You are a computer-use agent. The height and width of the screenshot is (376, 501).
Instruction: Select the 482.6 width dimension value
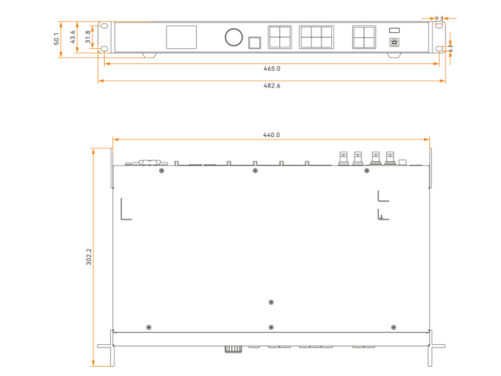pyautogui.click(x=272, y=85)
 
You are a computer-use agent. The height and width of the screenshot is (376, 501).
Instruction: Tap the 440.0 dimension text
pyautogui.click(x=272, y=135)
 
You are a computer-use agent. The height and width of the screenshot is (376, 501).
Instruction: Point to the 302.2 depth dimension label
pyautogui.click(x=88, y=257)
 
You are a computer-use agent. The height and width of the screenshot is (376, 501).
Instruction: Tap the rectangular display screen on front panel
pyautogui.click(x=181, y=38)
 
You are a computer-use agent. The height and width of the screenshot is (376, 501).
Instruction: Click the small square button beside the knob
pyautogui.click(x=254, y=42)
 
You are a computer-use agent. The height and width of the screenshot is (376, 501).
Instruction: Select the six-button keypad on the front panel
pyautogui.click(x=316, y=38)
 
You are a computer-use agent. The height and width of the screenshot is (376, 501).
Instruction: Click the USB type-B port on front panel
pyautogui.click(x=394, y=43)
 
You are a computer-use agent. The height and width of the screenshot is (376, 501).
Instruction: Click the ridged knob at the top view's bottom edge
pyautogui.click(x=234, y=349)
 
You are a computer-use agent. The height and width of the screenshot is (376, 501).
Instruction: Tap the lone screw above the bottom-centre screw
pyautogui.click(x=271, y=302)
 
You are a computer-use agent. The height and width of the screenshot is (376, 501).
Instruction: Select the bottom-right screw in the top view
pyautogui.click(x=393, y=327)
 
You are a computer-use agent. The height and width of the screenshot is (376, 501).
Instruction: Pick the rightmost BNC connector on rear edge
pyautogui.click(x=390, y=157)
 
